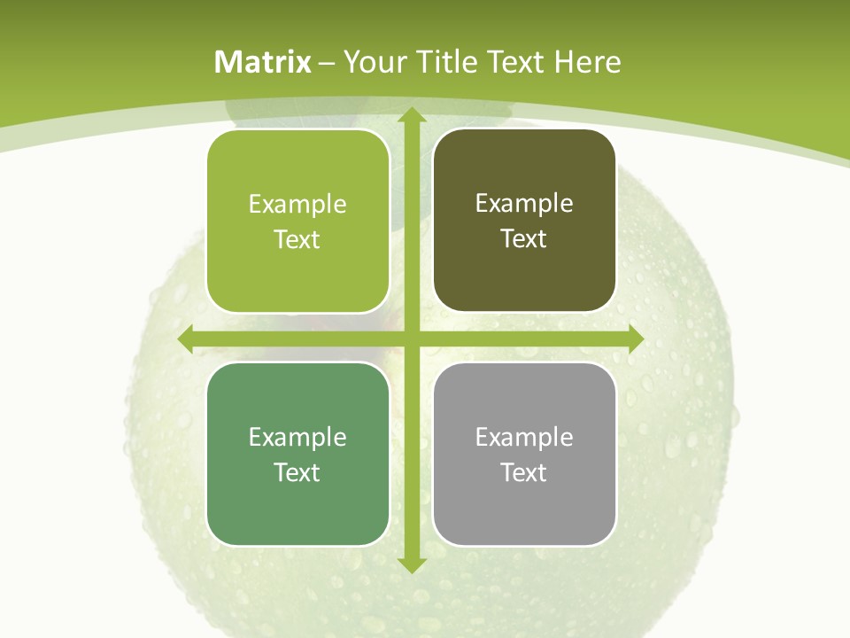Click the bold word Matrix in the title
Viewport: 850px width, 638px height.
coord(263,62)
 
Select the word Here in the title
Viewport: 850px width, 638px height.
coord(587,62)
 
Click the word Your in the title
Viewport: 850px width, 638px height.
coord(375,62)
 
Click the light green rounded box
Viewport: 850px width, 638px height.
coord(297,222)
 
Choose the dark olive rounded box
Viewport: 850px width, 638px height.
coord(524,221)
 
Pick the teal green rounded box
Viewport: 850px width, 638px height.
coord(297,454)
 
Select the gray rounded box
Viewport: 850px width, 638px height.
coord(524,454)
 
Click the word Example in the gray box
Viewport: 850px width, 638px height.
coord(524,437)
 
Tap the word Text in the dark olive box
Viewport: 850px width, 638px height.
coord(524,239)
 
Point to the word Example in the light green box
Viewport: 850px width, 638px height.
coord(297,205)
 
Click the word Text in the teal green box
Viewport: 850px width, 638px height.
coord(297,472)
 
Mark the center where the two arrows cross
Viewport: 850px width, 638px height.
coord(412,339)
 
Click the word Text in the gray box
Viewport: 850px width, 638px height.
coord(524,472)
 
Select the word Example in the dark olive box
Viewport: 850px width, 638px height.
coord(524,204)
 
